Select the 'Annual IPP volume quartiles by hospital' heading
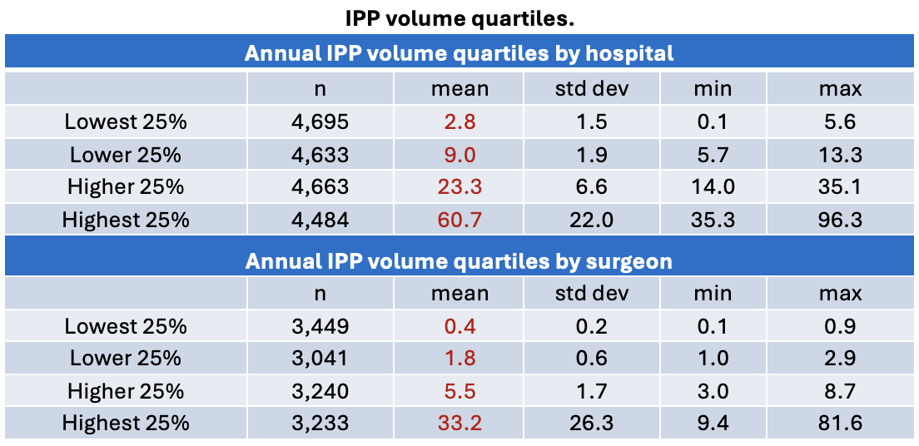[459, 53]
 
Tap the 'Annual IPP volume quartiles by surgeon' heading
[459, 261]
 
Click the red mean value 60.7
[459, 220]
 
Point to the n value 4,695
[320, 122]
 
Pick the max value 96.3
[841, 220]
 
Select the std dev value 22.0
[591, 220]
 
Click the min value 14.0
[712, 187]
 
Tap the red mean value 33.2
[459, 423]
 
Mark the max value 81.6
[841, 423]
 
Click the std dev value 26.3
[591, 423]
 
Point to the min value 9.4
[712, 423]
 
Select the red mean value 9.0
[459, 155]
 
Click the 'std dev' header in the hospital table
[591, 88]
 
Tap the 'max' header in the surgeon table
[841, 292]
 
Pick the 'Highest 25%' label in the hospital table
[126, 220]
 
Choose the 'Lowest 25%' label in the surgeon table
[126, 325]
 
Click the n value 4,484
[320, 220]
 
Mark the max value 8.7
[841, 390]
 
